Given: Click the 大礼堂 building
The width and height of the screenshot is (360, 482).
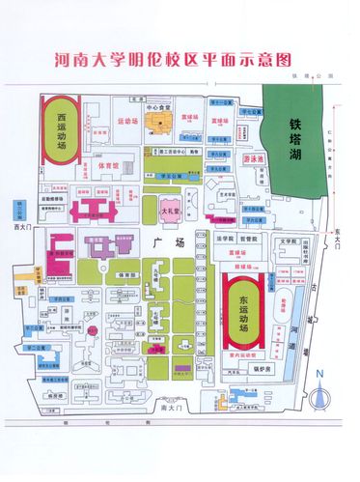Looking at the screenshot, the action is pyautogui.click(x=171, y=208).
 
